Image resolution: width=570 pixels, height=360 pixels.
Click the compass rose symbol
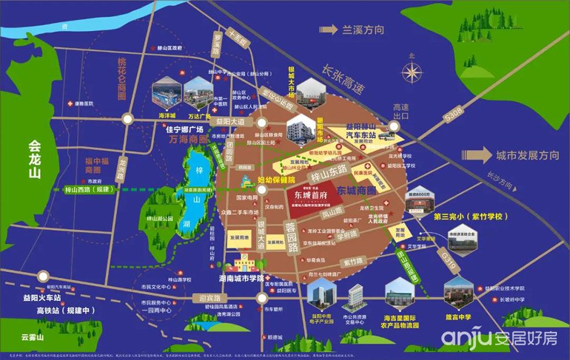point(411,72)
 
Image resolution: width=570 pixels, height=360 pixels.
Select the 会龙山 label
point(36,159)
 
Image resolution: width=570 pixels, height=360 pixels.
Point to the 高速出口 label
point(402,111)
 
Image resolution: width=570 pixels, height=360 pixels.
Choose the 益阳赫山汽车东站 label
point(368,131)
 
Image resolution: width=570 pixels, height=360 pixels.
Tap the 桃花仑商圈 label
point(121,79)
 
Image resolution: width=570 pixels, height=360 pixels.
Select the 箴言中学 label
point(459,316)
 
